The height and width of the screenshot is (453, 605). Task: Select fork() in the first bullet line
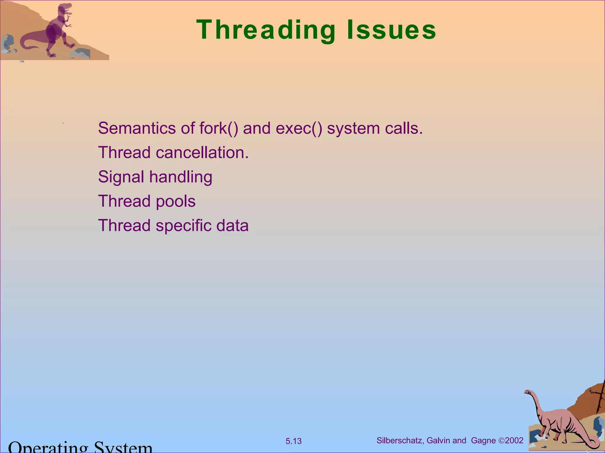click(x=218, y=128)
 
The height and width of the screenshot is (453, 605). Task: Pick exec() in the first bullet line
click(x=299, y=128)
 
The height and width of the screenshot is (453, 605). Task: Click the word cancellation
click(x=202, y=153)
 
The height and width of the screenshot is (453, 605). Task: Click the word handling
click(x=180, y=177)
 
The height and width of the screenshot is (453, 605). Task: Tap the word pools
click(x=175, y=201)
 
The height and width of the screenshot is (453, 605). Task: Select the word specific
click(x=183, y=226)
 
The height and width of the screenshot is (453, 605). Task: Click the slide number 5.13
click(x=293, y=441)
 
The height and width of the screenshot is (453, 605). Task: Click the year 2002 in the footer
click(x=514, y=441)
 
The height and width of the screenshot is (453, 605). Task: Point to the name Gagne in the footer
click(x=483, y=441)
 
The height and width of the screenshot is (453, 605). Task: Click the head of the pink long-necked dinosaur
click(x=528, y=392)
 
